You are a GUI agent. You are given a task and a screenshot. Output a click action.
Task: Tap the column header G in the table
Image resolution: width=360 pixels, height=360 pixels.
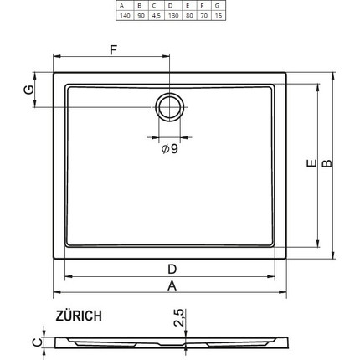tap(219, 7)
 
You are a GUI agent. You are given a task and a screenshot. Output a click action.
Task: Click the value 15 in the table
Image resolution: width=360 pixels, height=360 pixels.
tap(219, 17)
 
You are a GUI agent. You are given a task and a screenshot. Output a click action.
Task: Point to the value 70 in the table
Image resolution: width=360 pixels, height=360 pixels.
tap(203, 17)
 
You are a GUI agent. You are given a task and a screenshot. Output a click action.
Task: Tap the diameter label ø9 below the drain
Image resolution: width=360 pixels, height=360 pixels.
tap(169, 149)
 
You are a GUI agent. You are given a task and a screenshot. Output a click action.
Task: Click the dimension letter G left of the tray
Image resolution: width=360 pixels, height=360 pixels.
tap(28, 89)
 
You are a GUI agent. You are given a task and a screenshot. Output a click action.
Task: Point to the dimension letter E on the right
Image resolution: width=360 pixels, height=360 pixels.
tap(310, 166)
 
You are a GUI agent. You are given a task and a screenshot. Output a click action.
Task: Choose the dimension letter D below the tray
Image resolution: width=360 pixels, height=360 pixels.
tap(172, 269)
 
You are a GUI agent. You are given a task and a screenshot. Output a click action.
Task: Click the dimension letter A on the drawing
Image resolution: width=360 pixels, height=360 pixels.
tap(172, 285)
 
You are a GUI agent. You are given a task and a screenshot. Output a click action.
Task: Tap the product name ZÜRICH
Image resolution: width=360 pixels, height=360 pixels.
tap(80, 316)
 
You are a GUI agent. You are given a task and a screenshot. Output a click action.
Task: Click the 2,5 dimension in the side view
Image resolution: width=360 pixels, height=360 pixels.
tap(178, 319)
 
